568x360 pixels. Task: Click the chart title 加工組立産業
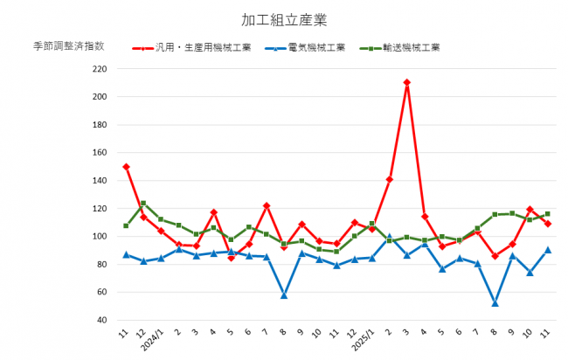[x=284, y=18]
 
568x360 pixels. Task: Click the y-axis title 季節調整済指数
[x=69, y=46]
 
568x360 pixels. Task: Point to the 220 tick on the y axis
[x=98, y=69]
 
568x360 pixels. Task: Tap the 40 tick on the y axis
[x=100, y=320]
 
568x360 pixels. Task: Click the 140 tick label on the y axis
[x=98, y=181]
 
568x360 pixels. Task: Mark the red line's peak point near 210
[x=407, y=82]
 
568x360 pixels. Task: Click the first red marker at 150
[x=127, y=166]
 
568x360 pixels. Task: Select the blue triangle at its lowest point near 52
[x=495, y=303]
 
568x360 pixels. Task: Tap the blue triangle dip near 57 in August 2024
[x=284, y=295]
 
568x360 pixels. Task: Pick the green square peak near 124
[x=143, y=204]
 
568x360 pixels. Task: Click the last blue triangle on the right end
[x=548, y=250]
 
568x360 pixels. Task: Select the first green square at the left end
[x=127, y=225]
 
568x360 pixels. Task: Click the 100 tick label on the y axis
[x=98, y=237]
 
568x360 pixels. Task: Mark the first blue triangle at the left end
[x=127, y=254]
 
